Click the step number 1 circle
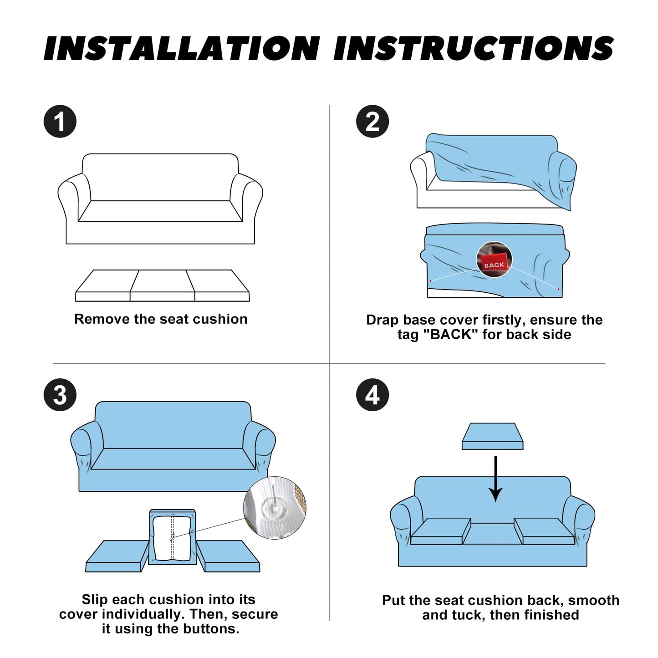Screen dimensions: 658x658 (x=60, y=121)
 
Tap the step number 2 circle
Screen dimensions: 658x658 (x=372, y=121)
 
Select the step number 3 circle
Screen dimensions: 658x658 (x=60, y=395)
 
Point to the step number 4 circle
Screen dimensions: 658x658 (x=372, y=395)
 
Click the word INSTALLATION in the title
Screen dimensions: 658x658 (x=182, y=48)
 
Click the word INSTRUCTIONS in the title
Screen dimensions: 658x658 (x=474, y=48)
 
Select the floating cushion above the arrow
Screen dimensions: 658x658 (x=492, y=436)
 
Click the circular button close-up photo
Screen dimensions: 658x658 (x=275, y=508)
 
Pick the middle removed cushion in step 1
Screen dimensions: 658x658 (x=162, y=286)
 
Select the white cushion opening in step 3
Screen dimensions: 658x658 (x=172, y=539)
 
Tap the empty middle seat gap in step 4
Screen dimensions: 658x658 (x=492, y=533)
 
